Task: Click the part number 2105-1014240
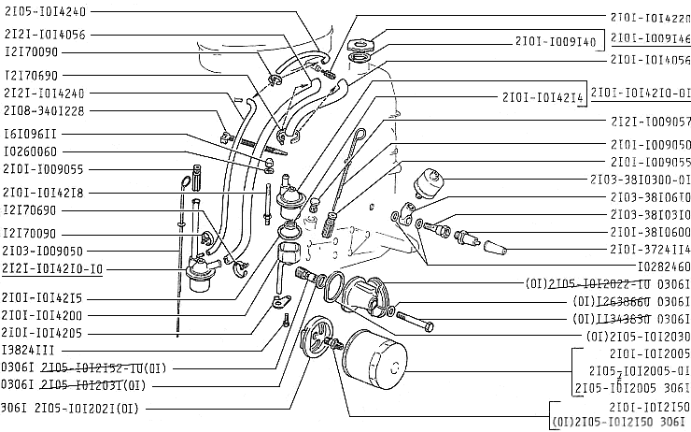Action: point(46,12)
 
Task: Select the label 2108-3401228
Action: point(45,110)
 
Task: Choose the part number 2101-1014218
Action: point(45,192)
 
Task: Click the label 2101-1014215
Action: point(45,297)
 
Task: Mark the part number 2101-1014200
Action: point(45,315)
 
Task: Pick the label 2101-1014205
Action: point(45,332)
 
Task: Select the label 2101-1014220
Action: point(649,18)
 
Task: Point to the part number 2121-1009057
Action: point(649,122)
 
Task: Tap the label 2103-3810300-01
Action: point(640,179)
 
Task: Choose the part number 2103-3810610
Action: point(649,196)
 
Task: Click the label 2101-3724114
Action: point(649,249)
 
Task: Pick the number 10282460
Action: point(662,266)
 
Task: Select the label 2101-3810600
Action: point(649,231)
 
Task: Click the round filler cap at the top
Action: point(357,45)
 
